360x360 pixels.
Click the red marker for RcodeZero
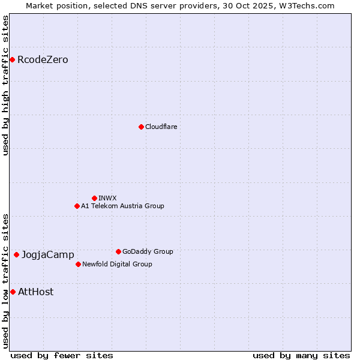point(12,59)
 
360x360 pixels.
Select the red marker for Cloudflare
point(141,127)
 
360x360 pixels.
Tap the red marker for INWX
point(94,198)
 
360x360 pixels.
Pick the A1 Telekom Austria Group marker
point(77,206)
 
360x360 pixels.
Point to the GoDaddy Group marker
point(118,251)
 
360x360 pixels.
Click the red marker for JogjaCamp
point(16,254)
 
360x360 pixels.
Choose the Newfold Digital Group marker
point(78,264)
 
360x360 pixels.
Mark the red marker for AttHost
point(13,292)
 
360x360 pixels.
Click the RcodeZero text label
point(43,59)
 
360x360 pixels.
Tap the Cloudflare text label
point(161,127)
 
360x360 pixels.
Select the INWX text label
point(107,198)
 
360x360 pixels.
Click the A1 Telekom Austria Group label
point(122,206)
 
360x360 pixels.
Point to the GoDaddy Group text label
point(148,251)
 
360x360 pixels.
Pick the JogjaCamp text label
point(48,254)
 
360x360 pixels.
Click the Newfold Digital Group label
point(117,264)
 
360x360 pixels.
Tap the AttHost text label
point(35,292)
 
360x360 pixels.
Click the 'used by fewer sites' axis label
point(62,355)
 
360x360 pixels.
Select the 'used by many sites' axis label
point(301,355)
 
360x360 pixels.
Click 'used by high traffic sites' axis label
point(6,85)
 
